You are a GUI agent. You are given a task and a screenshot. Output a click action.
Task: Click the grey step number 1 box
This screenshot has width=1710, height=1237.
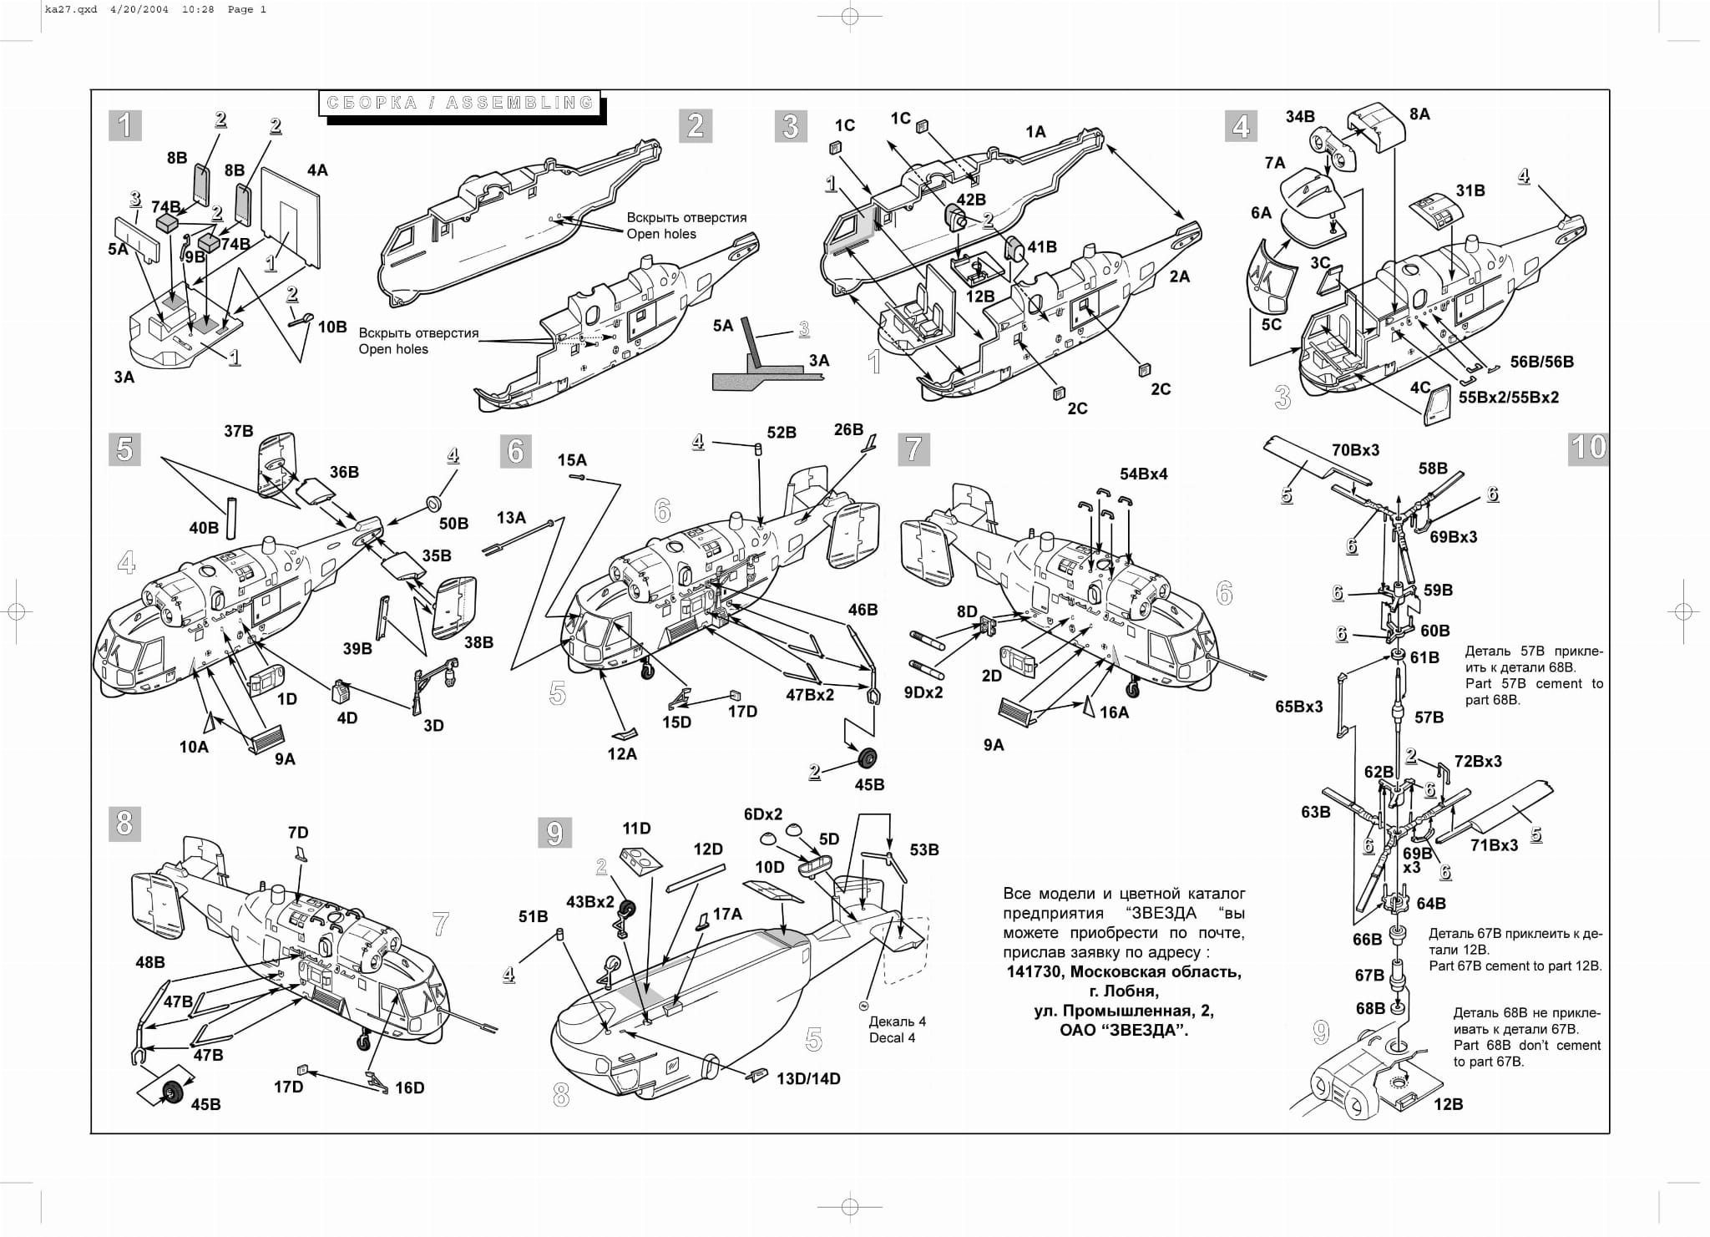point(125,125)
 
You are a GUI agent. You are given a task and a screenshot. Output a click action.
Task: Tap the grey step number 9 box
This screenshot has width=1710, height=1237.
point(554,833)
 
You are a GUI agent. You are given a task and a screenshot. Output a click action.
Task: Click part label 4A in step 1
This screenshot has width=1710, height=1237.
point(317,170)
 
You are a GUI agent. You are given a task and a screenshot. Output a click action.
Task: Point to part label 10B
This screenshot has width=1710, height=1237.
point(332,327)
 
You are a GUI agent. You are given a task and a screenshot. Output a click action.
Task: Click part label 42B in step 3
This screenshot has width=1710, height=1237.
point(971,200)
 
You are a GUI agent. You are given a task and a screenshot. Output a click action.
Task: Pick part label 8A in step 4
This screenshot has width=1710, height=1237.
point(1419,114)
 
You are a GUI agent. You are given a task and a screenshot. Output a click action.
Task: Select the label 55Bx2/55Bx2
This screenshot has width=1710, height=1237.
point(1509,398)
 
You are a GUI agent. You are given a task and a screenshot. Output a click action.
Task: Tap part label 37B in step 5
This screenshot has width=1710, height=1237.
point(238,431)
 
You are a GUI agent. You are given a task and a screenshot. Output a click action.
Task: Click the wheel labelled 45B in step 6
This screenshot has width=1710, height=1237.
point(868,758)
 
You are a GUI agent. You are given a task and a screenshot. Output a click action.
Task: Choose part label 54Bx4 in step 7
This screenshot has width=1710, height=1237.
point(1143,474)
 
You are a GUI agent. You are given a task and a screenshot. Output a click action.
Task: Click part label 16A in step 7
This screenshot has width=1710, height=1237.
point(1114,712)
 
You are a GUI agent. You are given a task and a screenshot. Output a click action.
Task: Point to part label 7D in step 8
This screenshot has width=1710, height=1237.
point(298,833)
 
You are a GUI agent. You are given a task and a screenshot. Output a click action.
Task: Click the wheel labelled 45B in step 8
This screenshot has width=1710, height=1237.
point(173,1092)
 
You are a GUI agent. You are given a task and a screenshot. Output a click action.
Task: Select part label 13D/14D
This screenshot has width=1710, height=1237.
point(808,1078)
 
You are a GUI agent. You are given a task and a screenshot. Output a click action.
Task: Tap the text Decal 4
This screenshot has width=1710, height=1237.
point(892,1037)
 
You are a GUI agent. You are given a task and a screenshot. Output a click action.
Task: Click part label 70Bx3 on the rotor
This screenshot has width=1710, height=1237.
point(1355,450)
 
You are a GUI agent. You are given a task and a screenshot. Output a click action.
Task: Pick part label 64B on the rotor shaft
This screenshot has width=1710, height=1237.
point(1430,904)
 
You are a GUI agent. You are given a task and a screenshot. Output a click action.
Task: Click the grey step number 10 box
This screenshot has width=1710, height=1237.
point(1587,448)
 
